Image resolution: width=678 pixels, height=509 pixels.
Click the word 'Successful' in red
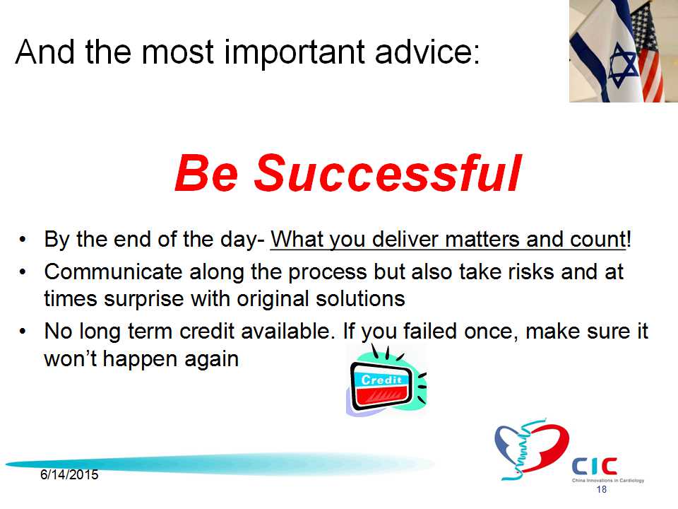pos(388,173)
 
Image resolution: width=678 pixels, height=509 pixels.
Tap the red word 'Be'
pos(207,173)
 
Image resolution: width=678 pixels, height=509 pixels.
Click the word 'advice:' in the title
pos(427,52)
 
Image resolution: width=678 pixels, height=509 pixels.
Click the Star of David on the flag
pos(623,68)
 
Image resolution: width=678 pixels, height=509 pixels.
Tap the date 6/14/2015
pos(69,475)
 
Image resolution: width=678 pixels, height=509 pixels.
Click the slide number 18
pos(602,489)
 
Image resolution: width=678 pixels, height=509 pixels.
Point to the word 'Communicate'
pos(114,271)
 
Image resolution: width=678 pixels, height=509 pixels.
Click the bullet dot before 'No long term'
pos(23,332)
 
